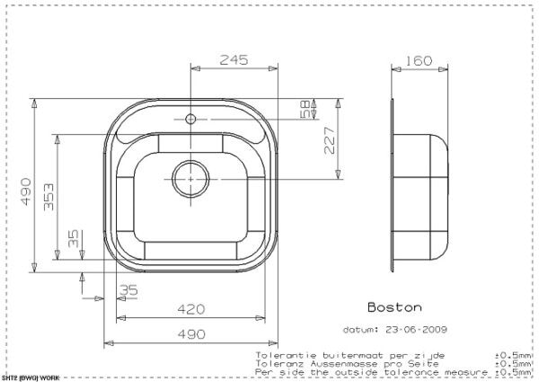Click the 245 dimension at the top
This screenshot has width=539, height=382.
pos(233,60)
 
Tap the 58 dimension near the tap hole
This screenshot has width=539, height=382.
pos(305,110)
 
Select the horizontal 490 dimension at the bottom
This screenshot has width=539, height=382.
pos(190,333)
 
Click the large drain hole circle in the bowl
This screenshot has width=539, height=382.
pos(190,178)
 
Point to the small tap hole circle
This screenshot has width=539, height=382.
pos(190,118)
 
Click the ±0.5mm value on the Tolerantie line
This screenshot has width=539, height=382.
pos(512,355)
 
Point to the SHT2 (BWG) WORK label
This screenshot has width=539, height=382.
pos(30,378)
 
